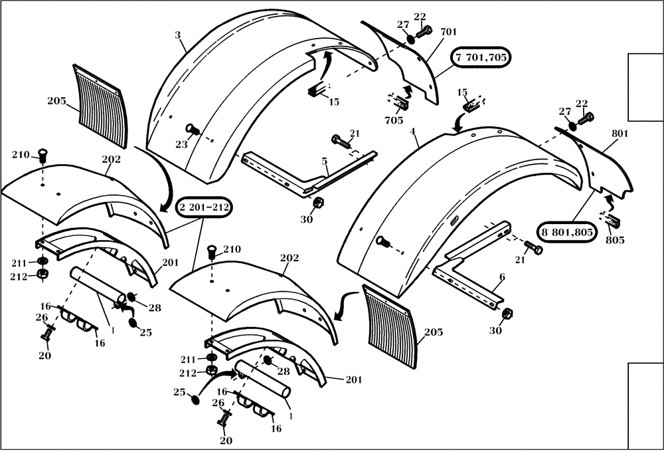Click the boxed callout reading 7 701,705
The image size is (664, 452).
coord(481,58)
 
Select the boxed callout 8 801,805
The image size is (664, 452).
coord(567,231)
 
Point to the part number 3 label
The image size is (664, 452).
coord(178,33)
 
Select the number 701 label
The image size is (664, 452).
coord(448,31)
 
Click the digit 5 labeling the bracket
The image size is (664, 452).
coord(324,161)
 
